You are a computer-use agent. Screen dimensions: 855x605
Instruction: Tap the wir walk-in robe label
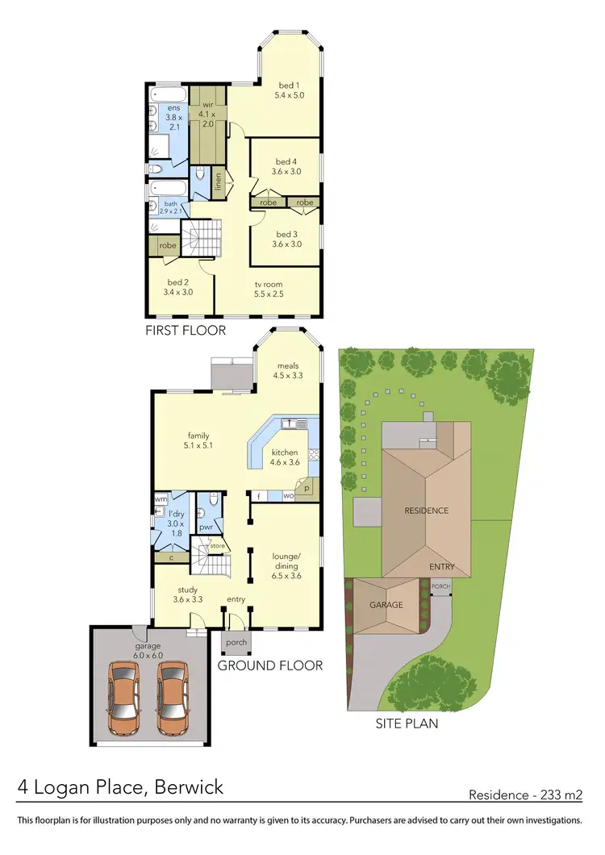click(x=207, y=104)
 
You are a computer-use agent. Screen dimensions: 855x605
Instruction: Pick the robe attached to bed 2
click(x=168, y=245)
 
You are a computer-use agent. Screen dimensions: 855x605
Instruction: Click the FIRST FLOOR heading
click(x=186, y=331)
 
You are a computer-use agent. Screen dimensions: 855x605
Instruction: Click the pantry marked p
click(x=307, y=489)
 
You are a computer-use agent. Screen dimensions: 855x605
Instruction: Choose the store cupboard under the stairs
click(x=217, y=546)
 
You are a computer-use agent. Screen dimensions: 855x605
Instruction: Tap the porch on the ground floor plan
click(x=236, y=643)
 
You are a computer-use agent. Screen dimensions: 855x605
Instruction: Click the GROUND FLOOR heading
click(x=270, y=665)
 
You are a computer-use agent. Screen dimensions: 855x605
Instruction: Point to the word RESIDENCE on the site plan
click(x=427, y=511)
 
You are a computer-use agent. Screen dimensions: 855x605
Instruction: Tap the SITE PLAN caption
click(x=407, y=724)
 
